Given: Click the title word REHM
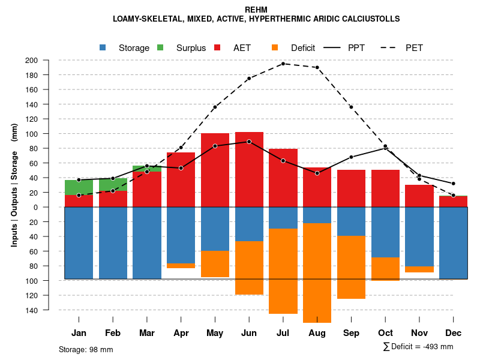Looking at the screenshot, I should point(256,10).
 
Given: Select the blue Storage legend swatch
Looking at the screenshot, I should point(103,48).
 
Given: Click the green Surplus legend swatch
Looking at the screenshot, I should point(160,48).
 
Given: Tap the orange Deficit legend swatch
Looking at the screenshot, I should point(275,48).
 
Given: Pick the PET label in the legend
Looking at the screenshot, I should point(414,48).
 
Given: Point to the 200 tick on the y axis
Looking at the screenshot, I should point(48,61).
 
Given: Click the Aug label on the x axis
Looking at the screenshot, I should point(317,333).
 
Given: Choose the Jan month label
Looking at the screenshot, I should point(79,333).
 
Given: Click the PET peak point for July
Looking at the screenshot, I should point(283,64).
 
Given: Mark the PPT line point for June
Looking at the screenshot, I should point(249,142).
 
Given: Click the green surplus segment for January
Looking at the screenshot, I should point(79,187).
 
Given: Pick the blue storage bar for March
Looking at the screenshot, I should point(147,243).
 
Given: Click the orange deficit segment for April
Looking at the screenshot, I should point(181,266).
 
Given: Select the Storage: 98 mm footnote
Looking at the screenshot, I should point(86,349).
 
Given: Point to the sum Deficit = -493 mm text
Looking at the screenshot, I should point(418,347).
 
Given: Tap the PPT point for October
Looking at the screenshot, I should point(385,148).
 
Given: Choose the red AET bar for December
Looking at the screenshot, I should point(453,202).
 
